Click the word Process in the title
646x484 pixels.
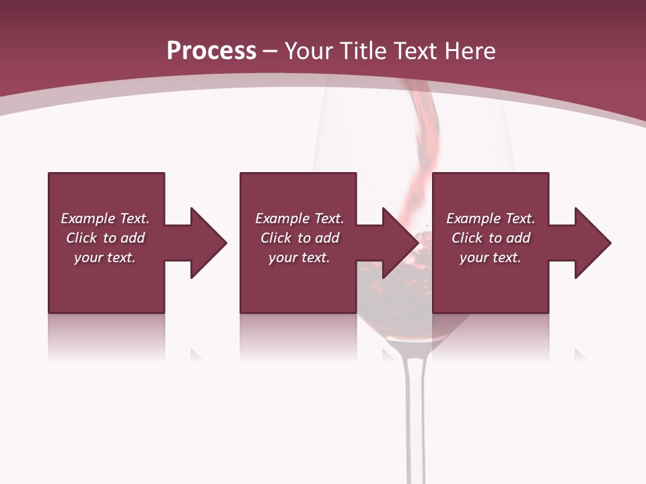(211, 51)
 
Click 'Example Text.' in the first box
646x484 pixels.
(105, 218)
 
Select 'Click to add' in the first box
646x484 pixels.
(105, 238)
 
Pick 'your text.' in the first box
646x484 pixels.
(105, 257)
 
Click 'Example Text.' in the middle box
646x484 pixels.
(299, 218)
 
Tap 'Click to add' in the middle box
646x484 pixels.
(299, 238)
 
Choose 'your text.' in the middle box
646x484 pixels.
(299, 257)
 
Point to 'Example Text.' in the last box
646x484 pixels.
(491, 218)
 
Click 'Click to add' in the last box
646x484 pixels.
(491, 238)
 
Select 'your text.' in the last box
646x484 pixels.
(491, 257)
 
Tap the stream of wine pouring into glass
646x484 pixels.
(428, 148)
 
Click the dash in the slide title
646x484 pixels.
(271, 51)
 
